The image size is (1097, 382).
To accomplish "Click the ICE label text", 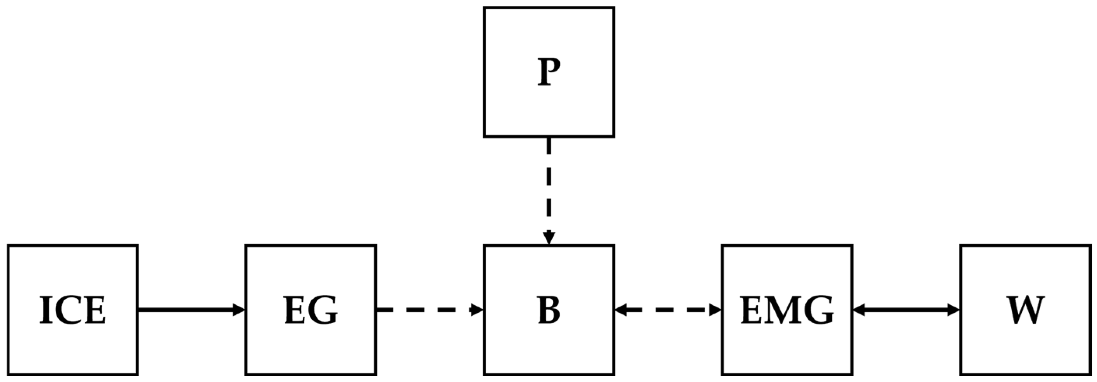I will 72,310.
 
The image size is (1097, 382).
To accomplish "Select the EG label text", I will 311,310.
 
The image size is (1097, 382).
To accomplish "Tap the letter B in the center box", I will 548,310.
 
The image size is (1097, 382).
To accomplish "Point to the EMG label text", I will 787,310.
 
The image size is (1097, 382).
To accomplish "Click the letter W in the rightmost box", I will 1025,310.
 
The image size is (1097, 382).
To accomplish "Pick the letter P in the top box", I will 548,72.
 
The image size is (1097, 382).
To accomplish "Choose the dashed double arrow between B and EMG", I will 668,310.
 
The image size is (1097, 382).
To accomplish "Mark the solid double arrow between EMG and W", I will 906,310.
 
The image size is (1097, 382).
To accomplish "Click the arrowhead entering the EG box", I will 239,310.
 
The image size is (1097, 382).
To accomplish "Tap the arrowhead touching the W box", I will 954,310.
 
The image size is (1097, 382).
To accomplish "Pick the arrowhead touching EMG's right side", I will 859,310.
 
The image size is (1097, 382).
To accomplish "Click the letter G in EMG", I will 818,310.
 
